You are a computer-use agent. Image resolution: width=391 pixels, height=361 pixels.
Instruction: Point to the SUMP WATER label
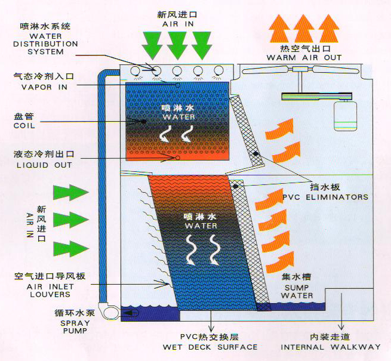pos(297,291)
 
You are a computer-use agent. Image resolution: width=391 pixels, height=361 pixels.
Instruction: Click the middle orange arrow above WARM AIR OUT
pos(305,27)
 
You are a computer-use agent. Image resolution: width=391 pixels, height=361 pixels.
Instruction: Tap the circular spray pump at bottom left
pos(112,311)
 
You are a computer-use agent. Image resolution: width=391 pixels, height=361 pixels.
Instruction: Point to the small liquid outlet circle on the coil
pos(177,158)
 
